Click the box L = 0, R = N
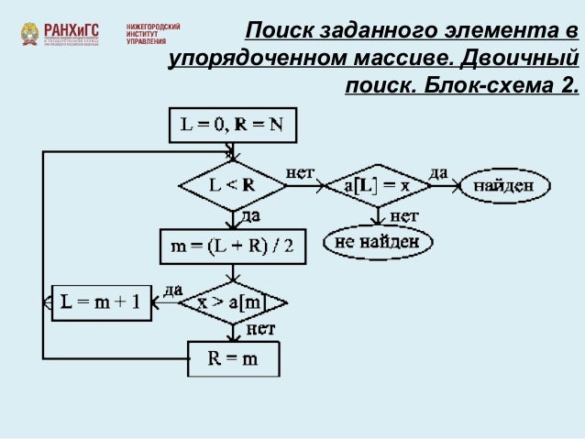click(x=234, y=126)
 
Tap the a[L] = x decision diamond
click(x=376, y=185)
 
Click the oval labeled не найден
click(x=377, y=242)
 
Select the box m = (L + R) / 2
click(x=232, y=245)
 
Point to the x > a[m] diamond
click(x=232, y=302)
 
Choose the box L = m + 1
click(x=105, y=302)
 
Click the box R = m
click(x=233, y=358)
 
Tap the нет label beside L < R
click(x=302, y=171)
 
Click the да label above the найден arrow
click(x=438, y=171)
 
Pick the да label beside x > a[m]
click(x=171, y=288)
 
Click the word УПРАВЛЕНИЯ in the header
click(x=146, y=42)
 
